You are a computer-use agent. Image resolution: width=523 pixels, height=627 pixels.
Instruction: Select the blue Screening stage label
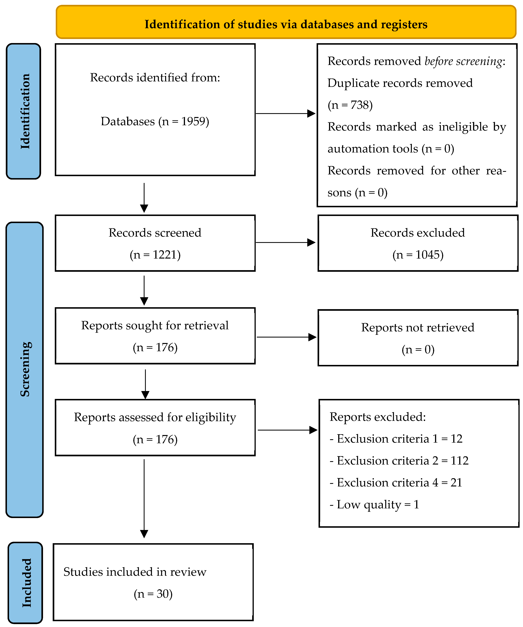point(24,370)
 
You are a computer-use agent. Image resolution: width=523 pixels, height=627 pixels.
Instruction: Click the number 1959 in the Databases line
point(194,122)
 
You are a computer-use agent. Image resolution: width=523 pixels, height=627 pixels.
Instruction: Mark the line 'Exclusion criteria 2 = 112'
point(399,461)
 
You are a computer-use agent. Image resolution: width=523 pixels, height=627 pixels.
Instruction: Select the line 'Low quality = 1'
point(374,505)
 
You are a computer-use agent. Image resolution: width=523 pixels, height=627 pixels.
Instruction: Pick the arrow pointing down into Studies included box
point(144,498)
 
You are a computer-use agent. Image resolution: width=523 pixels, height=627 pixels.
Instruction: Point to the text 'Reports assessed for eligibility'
point(155,418)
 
